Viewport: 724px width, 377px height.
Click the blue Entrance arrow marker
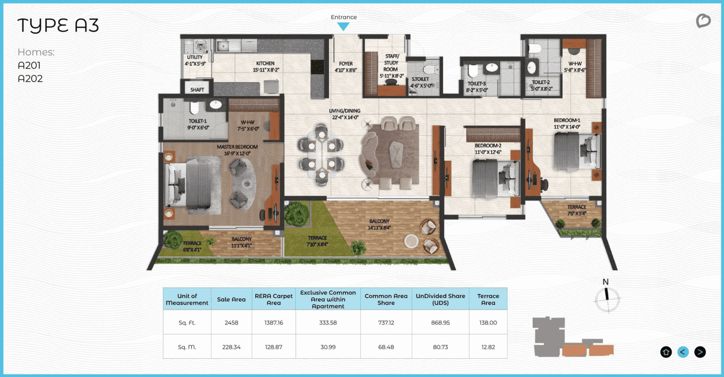click(343, 26)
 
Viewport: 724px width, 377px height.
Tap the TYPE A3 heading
click(58, 25)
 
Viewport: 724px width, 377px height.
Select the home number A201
click(29, 66)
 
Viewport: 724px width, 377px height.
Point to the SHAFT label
click(197, 90)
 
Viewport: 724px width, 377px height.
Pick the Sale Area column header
click(231, 299)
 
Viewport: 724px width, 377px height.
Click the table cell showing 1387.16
click(274, 322)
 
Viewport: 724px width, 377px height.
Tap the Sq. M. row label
click(187, 346)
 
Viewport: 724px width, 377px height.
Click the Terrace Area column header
click(488, 299)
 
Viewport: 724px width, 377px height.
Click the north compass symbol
click(607, 295)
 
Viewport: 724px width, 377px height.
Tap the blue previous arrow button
click(683, 352)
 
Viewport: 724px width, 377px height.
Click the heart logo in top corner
click(703, 21)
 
